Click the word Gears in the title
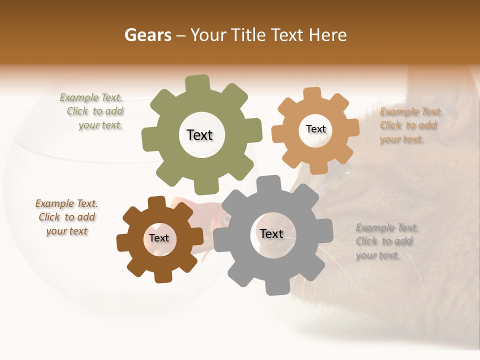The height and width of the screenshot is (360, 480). pyautogui.click(x=147, y=35)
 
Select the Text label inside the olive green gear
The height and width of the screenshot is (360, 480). pyautogui.click(x=199, y=135)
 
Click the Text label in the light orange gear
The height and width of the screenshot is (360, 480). pyautogui.click(x=315, y=129)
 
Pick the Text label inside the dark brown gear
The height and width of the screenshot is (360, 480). pyautogui.click(x=158, y=238)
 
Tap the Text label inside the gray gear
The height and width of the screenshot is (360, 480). pyautogui.click(x=271, y=233)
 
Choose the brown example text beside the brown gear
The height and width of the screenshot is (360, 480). pyautogui.click(x=66, y=217)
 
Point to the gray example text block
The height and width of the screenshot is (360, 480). pyautogui.click(x=386, y=241)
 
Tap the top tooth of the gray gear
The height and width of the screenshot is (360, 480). pyautogui.click(x=268, y=183)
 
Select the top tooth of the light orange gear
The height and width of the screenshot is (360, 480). pyautogui.click(x=312, y=94)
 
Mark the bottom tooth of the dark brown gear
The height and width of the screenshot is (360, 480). pyautogui.click(x=161, y=276)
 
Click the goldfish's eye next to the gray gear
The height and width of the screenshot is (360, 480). pyautogui.click(x=226, y=219)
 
